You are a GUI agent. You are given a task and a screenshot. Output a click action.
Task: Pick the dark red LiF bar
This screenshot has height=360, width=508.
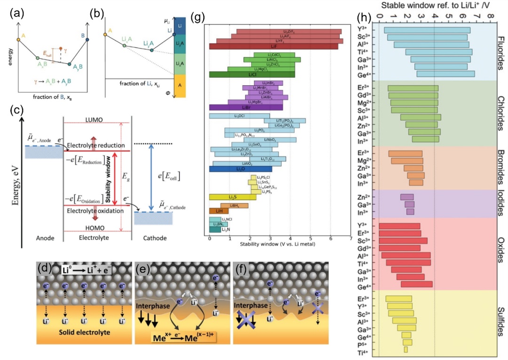pyautogui.click(x=273, y=46)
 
